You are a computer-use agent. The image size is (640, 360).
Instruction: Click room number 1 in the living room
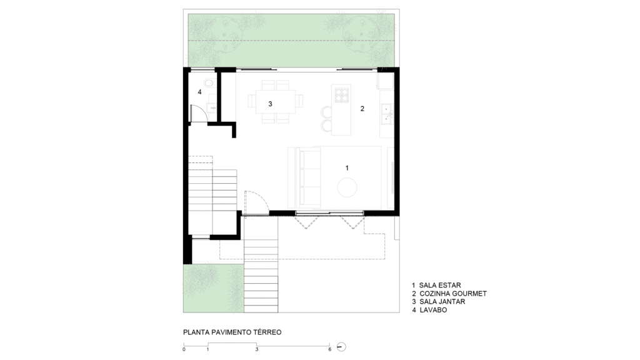[x=347, y=167]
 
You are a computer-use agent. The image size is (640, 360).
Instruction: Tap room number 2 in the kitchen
[x=362, y=109]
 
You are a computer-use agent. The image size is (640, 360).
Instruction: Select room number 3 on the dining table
[x=270, y=104]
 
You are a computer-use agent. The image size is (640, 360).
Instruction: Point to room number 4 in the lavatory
[x=199, y=92]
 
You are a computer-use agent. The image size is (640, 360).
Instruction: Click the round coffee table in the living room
[x=347, y=187]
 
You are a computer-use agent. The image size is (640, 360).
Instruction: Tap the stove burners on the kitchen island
[x=342, y=95]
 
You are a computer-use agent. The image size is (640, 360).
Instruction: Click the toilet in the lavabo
[x=209, y=84]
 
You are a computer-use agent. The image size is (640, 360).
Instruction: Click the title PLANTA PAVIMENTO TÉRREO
[x=232, y=332]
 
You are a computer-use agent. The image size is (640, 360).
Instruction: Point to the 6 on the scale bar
[x=330, y=349]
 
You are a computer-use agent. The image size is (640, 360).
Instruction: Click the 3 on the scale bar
[x=257, y=349]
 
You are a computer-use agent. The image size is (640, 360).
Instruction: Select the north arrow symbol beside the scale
[x=342, y=347]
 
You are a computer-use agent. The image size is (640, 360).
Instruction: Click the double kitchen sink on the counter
[x=386, y=114]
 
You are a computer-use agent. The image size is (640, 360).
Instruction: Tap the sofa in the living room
[x=309, y=179]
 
